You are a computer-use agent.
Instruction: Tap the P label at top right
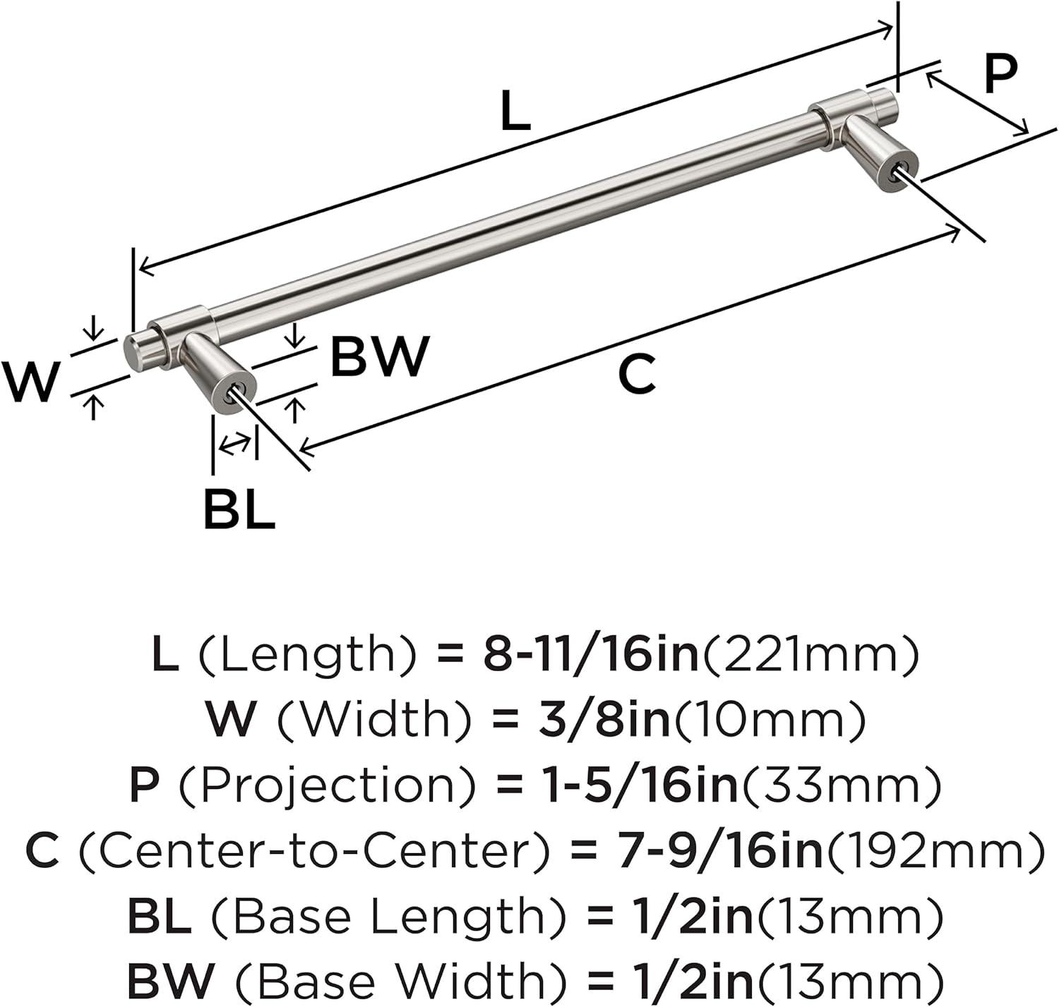(1000, 74)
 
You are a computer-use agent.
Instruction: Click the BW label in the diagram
(380, 357)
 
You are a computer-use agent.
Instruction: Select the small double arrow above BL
(234, 445)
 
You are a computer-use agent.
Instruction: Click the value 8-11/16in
(591, 654)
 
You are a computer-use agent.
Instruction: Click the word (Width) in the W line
(374, 720)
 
